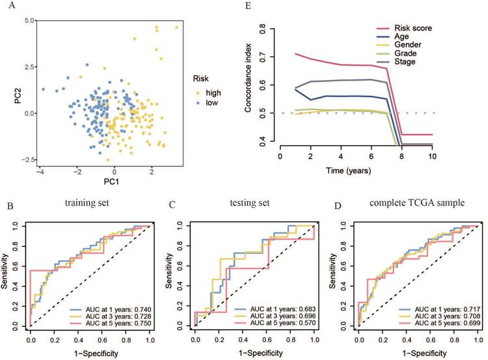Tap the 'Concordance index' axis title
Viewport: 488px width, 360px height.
[x=249, y=84]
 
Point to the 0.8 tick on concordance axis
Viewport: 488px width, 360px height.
[x=263, y=29]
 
